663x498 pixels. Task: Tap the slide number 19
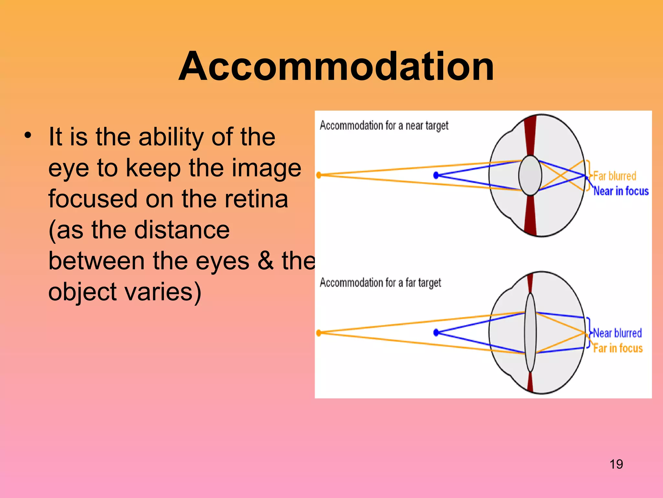tap(616, 464)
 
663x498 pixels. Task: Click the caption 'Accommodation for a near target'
tap(384, 125)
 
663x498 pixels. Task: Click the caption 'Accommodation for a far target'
tap(380, 283)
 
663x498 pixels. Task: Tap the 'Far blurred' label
tap(614, 176)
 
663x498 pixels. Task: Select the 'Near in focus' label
tap(621, 191)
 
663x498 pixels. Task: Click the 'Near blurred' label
tap(617, 333)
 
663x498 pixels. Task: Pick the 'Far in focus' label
tap(618, 348)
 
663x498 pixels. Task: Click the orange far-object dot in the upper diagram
tap(319, 175)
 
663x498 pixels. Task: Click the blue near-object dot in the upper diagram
tap(436, 175)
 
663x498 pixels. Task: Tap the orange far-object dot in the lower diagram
tap(319, 333)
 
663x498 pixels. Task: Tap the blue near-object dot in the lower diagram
tap(436, 332)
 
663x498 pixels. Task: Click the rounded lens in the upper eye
tap(530, 175)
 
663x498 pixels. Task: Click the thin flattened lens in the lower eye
tap(530, 332)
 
